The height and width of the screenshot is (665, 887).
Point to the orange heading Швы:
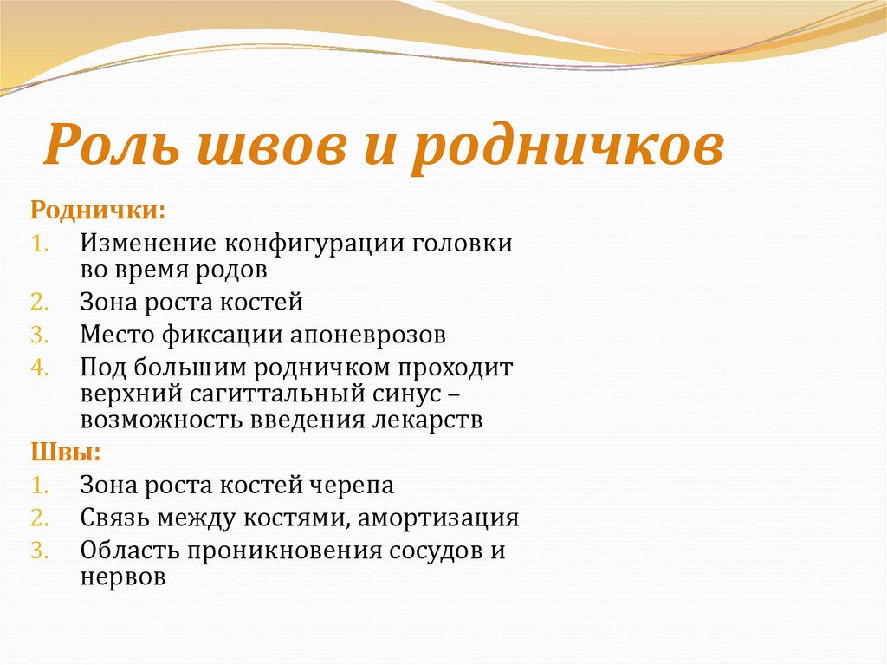[x=66, y=452]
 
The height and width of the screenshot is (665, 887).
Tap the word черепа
[x=348, y=486]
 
